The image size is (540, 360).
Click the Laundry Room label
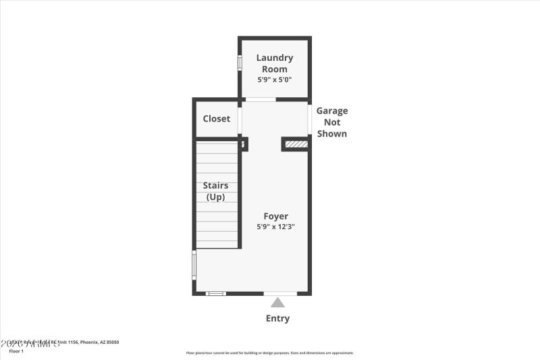pos(275,63)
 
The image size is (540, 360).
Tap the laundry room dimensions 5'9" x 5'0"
pos(275,80)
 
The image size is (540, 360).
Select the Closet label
pos(217,119)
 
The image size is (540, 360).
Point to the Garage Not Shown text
pos(332,122)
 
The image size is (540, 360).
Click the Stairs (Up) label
pos(217,191)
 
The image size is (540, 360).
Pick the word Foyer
pos(275,216)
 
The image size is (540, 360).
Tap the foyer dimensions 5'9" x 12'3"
pos(275,227)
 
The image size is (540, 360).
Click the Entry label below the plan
pos(277,318)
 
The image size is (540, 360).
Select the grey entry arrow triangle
pos(277,303)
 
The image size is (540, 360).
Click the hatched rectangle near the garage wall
pos(296,144)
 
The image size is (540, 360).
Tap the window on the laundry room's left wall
pos(240,63)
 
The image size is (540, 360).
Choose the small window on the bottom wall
pos(215,293)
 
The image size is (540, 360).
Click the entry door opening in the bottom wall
pos(279,293)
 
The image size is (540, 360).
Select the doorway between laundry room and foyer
pos(261,100)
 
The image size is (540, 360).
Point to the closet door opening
pos(240,120)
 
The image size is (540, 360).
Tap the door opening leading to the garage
pos(309,120)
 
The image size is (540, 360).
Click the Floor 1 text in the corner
pos(16,351)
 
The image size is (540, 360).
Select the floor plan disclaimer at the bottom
pos(270,353)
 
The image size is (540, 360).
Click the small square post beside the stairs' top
pos(244,143)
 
